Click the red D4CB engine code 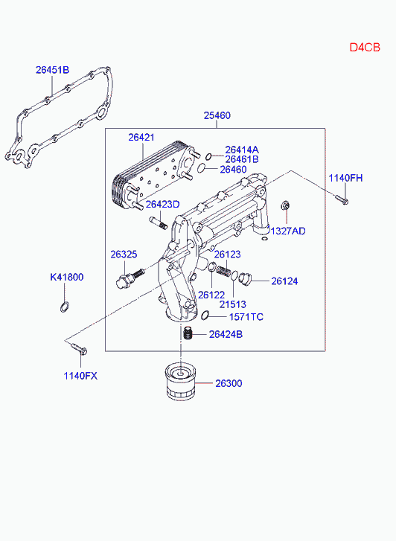365,48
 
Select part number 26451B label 53,70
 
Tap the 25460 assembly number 217,115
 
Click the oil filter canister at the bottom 181,381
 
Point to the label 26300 229,383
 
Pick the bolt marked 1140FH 341,199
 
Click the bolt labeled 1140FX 79,348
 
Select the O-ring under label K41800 65,307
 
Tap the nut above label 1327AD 285,205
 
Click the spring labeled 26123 223,269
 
